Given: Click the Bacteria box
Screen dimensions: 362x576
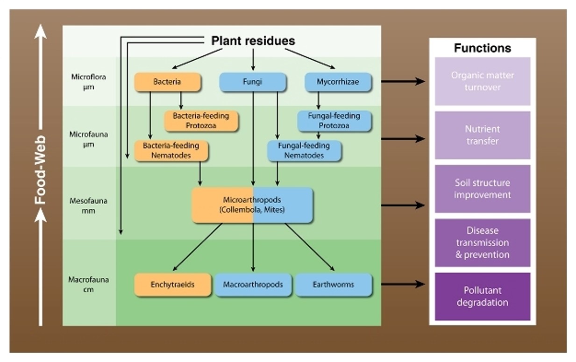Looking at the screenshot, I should click(168, 82).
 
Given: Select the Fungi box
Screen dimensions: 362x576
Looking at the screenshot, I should click(253, 82).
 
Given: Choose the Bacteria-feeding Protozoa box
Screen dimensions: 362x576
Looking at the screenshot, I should click(201, 121).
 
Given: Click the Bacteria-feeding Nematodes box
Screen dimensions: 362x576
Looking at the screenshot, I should click(171, 150).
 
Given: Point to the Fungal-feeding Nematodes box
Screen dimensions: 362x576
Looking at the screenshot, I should click(304, 150).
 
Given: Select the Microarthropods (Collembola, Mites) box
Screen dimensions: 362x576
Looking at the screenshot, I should click(252, 205).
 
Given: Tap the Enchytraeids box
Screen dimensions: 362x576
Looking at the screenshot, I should click(172, 284).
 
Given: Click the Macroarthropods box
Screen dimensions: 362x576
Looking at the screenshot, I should click(253, 284).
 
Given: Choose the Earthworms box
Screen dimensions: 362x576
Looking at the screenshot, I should click(334, 284).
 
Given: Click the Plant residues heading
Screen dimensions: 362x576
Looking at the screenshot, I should click(253, 41).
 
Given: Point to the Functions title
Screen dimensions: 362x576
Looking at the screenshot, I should click(482, 48).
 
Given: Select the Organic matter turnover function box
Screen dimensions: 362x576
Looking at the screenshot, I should click(483, 81).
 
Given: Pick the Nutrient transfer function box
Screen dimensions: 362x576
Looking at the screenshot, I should click(483, 135).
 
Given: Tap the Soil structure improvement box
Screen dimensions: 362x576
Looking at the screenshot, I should click(483, 189).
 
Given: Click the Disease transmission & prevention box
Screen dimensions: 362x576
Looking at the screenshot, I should click(483, 243).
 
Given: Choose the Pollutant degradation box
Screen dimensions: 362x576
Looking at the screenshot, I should click(483, 297).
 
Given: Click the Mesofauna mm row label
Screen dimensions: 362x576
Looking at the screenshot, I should click(88, 206).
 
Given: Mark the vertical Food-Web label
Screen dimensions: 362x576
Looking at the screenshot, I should click(41, 170).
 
